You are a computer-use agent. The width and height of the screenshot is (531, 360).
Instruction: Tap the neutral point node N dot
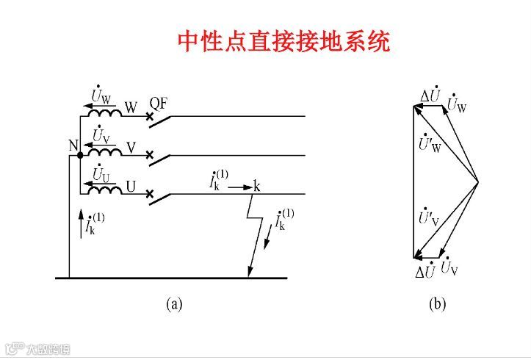[x=79, y=155]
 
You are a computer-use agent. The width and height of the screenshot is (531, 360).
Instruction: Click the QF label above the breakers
[x=159, y=103]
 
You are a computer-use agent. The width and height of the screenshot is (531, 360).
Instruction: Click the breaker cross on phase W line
[x=150, y=117]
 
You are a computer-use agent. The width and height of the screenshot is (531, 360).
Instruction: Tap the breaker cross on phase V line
[x=150, y=155]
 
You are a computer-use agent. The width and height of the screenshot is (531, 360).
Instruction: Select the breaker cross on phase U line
[x=150, y=194]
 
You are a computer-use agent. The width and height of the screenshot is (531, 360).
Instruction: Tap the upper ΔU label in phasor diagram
[x=430, y=96]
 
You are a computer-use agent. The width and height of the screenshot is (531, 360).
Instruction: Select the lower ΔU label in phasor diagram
[x=427, y=270]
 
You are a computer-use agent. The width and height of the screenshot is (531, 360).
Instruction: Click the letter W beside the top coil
[x=131, y=107]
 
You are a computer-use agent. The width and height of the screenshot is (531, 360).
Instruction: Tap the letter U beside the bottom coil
[x=131, y=186]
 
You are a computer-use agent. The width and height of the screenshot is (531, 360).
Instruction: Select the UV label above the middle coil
[x=101, y=136]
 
